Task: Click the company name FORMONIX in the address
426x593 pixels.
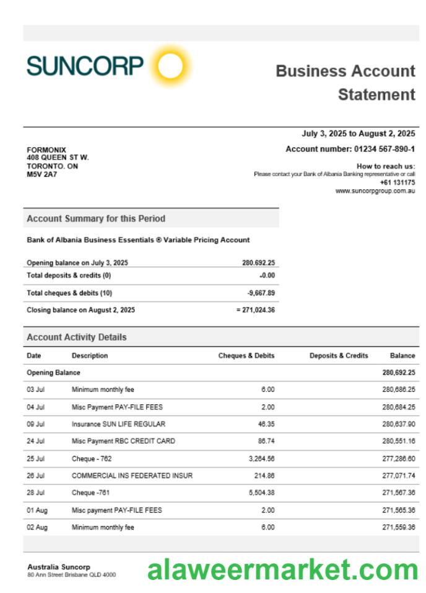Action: (46, 149)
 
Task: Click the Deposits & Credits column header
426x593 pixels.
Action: (339, 355)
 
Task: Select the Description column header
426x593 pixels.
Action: (90, 355)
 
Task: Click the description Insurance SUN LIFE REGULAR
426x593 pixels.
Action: (118, 424)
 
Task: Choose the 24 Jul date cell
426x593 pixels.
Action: (36, 441)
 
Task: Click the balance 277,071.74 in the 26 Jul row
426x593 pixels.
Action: (398, 476)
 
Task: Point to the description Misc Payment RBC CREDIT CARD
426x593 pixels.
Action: (123, 441)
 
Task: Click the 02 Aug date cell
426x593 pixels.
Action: (37, 527)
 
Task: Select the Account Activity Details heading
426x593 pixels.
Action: (77, 337)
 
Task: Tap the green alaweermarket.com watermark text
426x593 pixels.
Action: (282, 569)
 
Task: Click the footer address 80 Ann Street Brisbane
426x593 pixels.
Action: (71, 575)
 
